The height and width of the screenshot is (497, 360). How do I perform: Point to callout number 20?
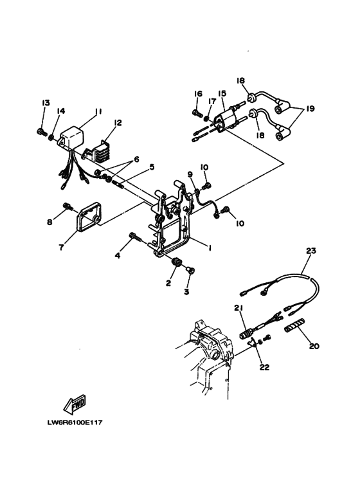[x=314, y=346]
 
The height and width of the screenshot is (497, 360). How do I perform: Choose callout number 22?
[x=264, y=368]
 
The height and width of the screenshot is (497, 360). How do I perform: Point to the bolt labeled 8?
[x=66, y=206]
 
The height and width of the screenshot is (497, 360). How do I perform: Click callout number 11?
[x=98, y=111]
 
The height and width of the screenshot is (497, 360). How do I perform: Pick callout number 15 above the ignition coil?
[x=222, y=93]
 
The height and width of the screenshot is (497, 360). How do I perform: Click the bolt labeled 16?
[x=197, y=114]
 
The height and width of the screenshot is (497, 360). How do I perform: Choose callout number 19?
[x=310, y=109]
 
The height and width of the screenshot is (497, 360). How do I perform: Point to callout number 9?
[x=190, y=174]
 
